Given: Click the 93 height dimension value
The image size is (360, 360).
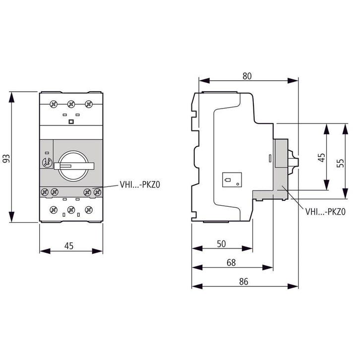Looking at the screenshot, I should (6, 158).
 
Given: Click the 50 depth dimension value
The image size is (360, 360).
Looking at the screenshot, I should (221, 243).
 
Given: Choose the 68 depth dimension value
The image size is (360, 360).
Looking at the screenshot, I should (232, 262).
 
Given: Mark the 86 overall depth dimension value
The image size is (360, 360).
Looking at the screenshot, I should (243, 281).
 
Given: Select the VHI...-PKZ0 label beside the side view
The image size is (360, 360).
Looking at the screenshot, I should (325, 212).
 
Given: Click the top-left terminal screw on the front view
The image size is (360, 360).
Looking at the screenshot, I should (53, 104).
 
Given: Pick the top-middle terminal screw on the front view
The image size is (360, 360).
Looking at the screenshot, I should (70, 104).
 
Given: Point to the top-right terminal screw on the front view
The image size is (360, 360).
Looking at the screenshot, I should (88, 104).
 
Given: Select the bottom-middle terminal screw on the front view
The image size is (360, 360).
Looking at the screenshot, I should (70, 210).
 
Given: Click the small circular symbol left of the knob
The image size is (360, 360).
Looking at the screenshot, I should (48, 162).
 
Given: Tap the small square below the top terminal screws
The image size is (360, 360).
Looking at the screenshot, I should (70, 121).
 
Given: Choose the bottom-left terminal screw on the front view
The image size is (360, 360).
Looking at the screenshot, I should (53, 210).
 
